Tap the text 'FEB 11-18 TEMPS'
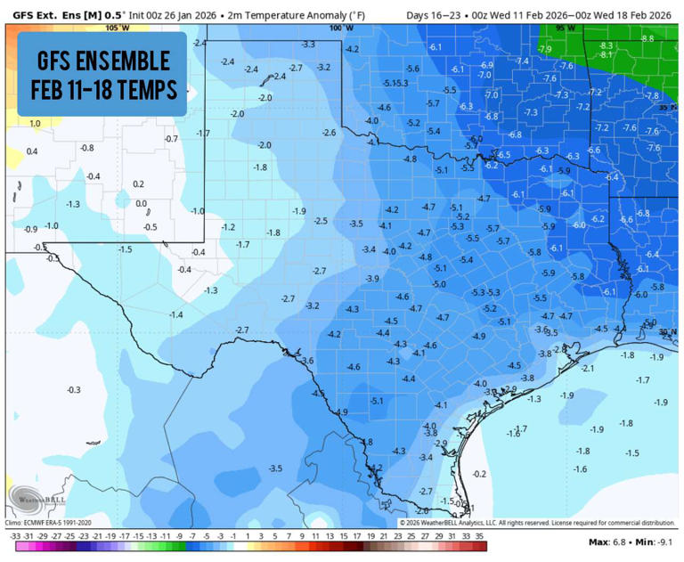click(103, 90)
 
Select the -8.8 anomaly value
click(647, 38)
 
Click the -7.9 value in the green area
click(545, 49)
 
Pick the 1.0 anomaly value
click(35, 124)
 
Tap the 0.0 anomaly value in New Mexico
click(141, 204)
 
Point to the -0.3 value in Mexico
click(73, 390)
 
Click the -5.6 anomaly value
click(412, 69)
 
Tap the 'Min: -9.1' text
click(655, 542)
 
